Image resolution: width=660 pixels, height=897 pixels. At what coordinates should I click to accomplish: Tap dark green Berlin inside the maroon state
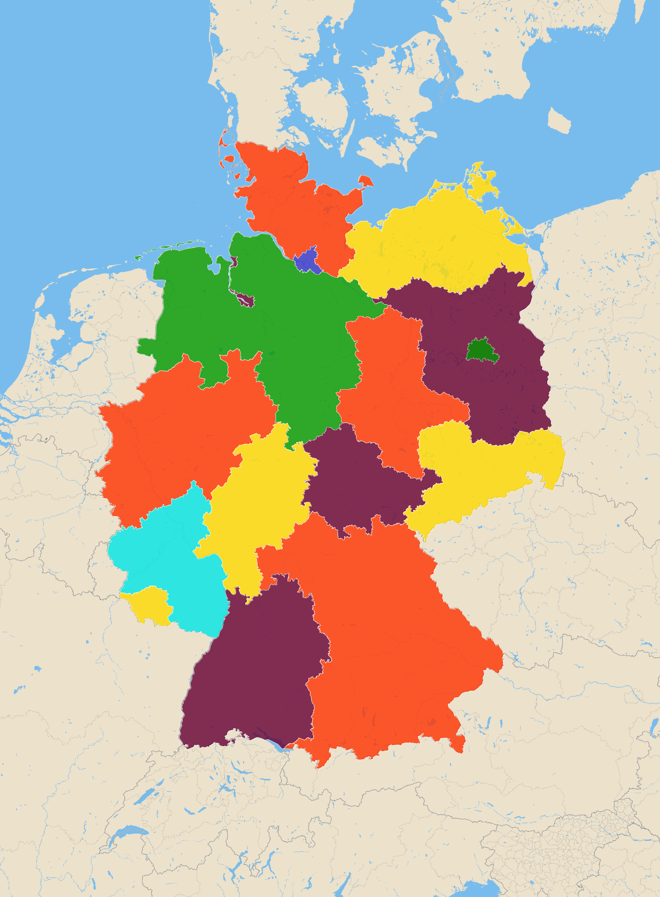tap(482, 351)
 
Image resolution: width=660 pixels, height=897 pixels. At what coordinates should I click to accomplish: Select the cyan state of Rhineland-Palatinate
tap(160, 556)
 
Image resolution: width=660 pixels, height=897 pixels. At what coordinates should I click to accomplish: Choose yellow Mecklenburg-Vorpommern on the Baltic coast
tap(438, 241)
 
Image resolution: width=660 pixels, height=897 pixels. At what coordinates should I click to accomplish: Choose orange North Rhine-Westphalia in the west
tap(176, 438)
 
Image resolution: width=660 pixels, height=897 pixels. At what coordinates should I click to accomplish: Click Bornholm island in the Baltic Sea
tap(559, 120)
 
